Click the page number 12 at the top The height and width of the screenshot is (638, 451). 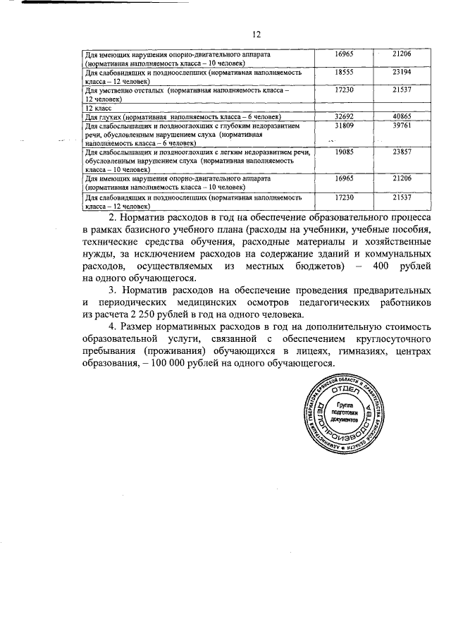pyautogui.click(x=257, y=34)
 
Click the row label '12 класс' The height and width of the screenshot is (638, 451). pyautogui.click(x=99, y=108)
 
